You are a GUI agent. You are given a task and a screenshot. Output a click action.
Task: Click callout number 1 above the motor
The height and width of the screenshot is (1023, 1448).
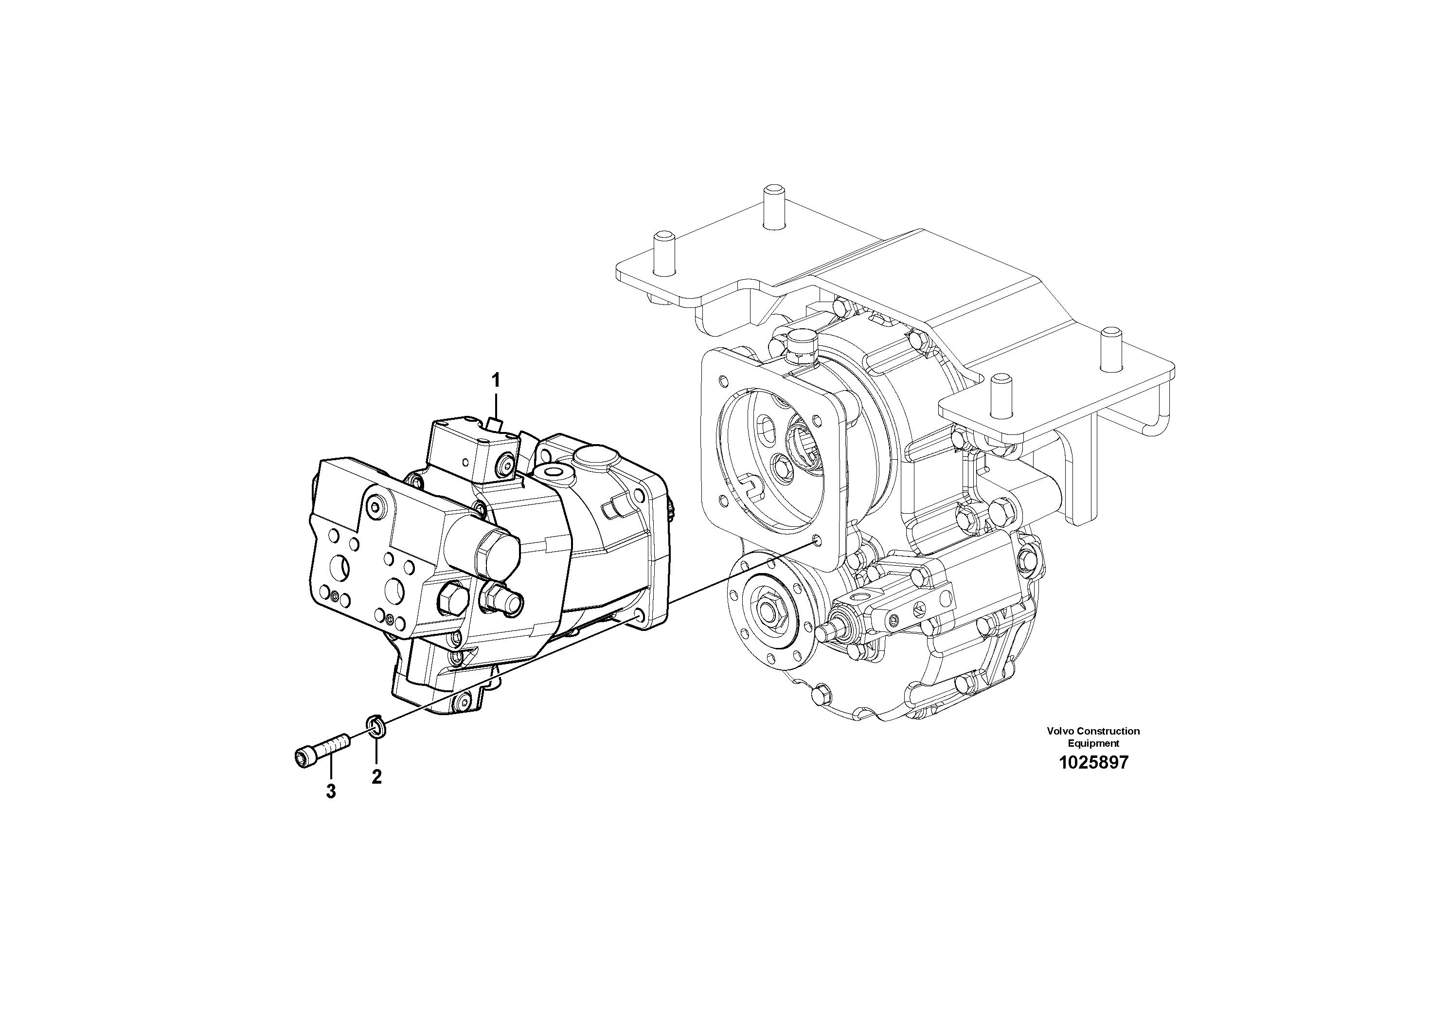(x=496, y=380)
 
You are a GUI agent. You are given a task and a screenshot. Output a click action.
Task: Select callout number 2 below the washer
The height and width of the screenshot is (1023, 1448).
(x=376, y=777)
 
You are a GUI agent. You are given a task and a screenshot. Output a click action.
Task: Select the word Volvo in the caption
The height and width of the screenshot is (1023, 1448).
(x=1060, y=731)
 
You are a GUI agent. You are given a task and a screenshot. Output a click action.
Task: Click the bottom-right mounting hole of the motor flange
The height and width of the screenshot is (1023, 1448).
(x=640, y=614)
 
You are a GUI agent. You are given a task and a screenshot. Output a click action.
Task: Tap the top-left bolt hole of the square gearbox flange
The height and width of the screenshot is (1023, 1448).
(x=721, y=381)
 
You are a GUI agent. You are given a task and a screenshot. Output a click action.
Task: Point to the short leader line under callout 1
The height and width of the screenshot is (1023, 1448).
(x=496, y=404)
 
